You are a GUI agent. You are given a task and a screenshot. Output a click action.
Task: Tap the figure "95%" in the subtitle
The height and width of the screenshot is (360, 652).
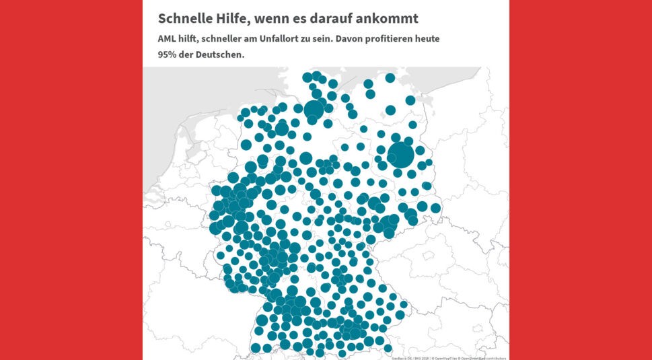[168, 55]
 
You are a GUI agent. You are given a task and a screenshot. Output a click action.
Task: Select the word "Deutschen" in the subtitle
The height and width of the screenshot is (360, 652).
[220, 55]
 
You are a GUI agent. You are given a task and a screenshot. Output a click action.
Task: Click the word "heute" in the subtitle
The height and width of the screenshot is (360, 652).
[427, 39]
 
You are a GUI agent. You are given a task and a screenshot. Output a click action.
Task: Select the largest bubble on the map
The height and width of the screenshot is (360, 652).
[401, 155]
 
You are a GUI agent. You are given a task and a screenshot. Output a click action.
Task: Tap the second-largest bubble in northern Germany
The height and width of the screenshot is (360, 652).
[314, 109]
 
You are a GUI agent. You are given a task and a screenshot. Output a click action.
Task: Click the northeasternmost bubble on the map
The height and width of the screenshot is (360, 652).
[410, 100]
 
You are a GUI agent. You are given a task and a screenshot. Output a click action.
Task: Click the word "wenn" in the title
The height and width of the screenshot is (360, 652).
[272, 18]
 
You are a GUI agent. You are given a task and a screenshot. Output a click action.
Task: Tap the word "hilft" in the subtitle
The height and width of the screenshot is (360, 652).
[193, 39]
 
